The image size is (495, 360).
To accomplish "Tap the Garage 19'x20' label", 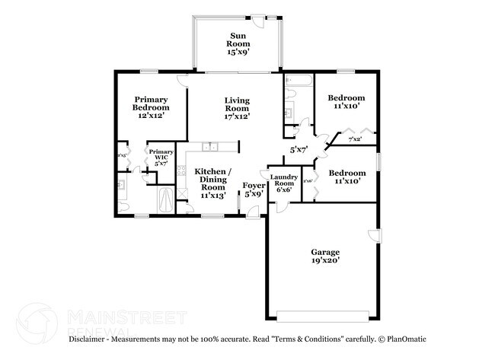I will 325,256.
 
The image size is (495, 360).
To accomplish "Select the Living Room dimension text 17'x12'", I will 237,117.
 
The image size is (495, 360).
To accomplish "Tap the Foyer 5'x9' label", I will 253,190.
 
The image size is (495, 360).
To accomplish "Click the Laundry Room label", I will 284,183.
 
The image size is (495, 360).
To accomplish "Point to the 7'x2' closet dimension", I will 355,140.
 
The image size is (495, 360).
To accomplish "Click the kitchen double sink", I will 211,146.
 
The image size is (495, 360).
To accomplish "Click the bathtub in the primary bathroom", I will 165,201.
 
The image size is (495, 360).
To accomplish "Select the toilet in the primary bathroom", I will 123,205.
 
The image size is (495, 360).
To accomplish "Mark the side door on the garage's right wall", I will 373,235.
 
